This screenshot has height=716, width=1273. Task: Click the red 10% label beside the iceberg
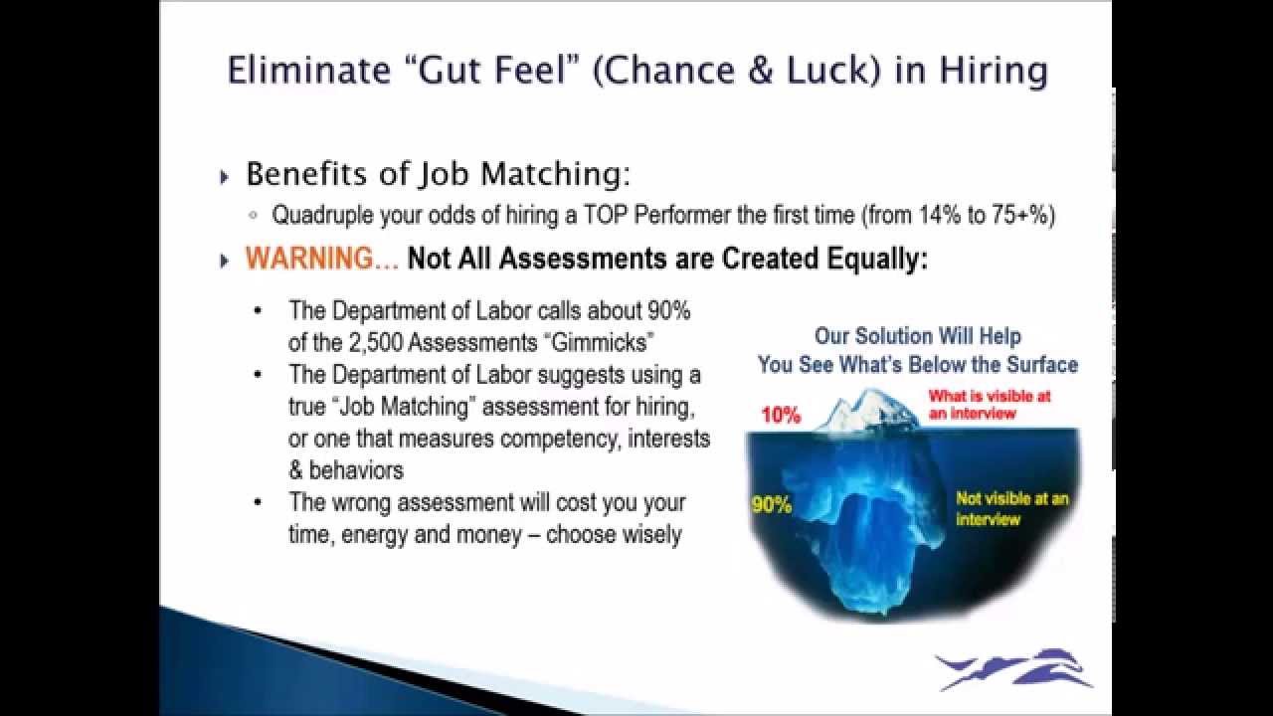tap(781, 416)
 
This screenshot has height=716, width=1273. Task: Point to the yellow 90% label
tap(771, 505)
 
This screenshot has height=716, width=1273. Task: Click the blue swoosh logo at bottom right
tap(1013, 669)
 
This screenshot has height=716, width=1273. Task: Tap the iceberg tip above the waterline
tap(865, 410)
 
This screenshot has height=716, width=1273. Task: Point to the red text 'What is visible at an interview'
tap(989, 404)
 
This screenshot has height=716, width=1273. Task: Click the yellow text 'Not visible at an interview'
tap(1011, 508)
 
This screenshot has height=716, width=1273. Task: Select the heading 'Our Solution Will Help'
tap(918, 336)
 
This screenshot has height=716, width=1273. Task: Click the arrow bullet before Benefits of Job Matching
tap(224, 177)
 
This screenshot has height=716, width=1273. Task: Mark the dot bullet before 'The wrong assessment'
tap(259, 501)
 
